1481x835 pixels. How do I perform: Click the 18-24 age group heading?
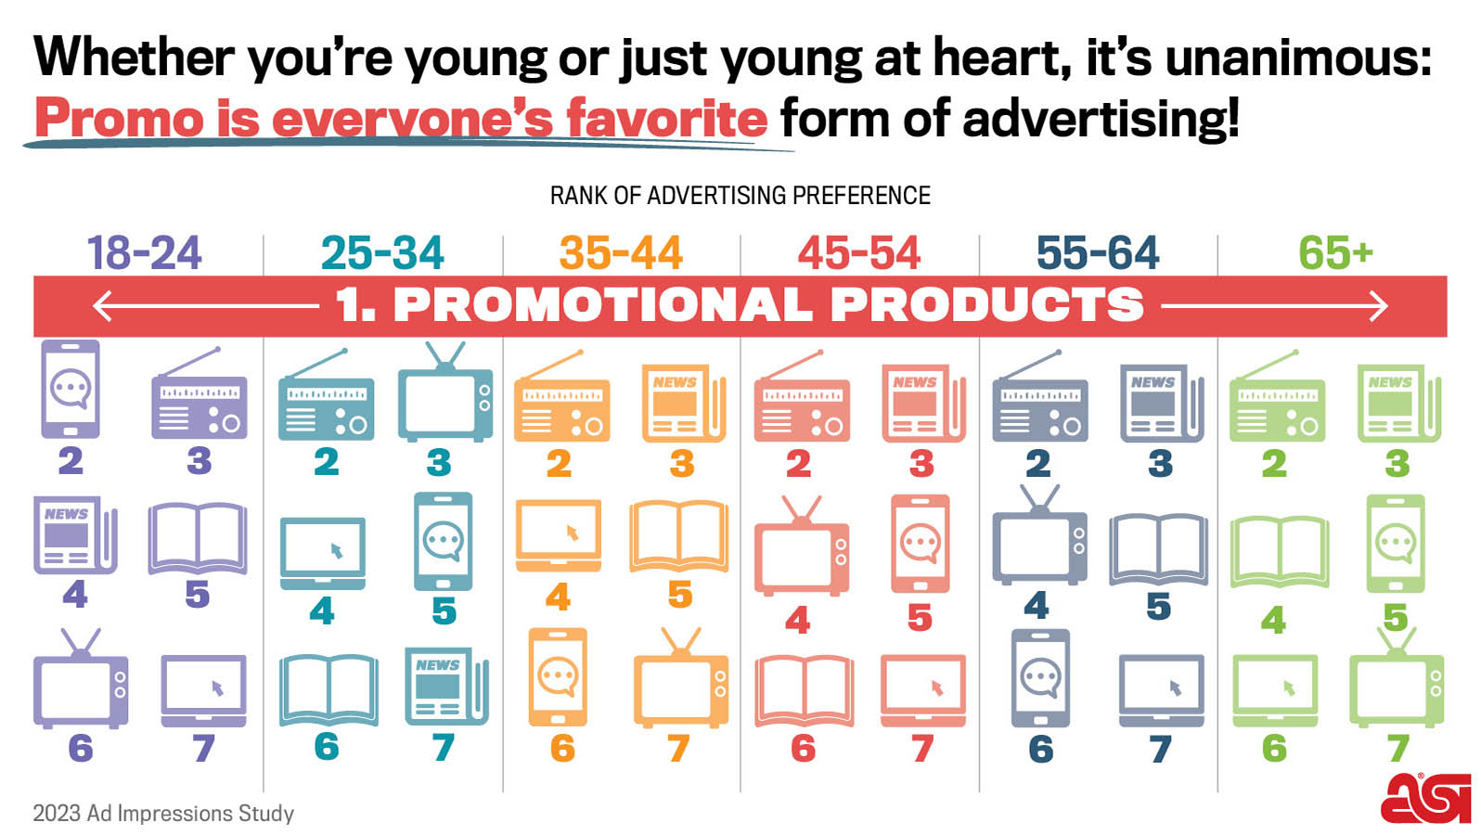(144, 252)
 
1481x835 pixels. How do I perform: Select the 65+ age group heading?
(1335, 252)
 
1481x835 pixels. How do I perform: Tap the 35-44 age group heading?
(620, 252)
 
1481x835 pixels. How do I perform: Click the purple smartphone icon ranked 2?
(71, 389)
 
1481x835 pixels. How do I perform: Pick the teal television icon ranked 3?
(445, 392)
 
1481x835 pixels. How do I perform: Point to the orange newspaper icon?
(684, 403)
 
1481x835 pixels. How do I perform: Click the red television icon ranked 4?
(802, 546)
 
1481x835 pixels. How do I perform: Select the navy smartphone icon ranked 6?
(1040, 678)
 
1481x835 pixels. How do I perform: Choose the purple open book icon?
(198, 539)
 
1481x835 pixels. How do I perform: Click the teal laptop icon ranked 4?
(323, 553)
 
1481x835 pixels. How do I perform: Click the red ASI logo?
(1425, 799)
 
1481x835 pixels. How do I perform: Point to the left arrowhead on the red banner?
(102, 306)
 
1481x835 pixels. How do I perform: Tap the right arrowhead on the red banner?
(1379, 306)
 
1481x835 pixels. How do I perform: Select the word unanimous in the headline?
(1298, 58)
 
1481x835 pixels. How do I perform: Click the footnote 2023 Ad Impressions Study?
(163, 813)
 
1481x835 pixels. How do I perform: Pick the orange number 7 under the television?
(679, 748)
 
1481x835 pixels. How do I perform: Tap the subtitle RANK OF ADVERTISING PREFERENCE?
(740, 196)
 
